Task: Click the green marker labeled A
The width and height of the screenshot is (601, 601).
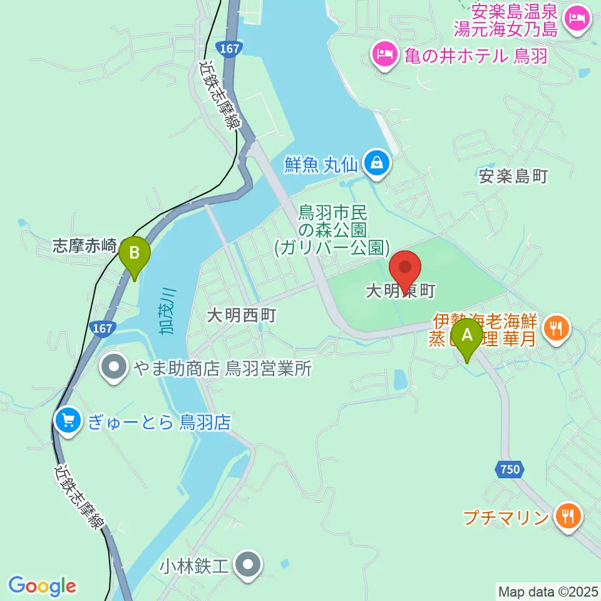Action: click(x=468, y=336)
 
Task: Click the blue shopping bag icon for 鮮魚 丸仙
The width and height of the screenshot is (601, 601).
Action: click(x=378, y=165)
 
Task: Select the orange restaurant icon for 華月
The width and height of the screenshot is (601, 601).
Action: click(x=555, y=326)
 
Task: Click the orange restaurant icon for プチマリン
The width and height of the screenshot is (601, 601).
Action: click(x=569, y=516)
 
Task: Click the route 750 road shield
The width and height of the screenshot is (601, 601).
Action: click(x=509, y=469)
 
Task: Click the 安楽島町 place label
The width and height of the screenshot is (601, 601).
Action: click(x=513, y=177)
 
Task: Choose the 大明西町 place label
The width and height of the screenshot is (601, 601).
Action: click(x=242, y=316)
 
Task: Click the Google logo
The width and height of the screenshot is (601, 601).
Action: click(x=42, y=586)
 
